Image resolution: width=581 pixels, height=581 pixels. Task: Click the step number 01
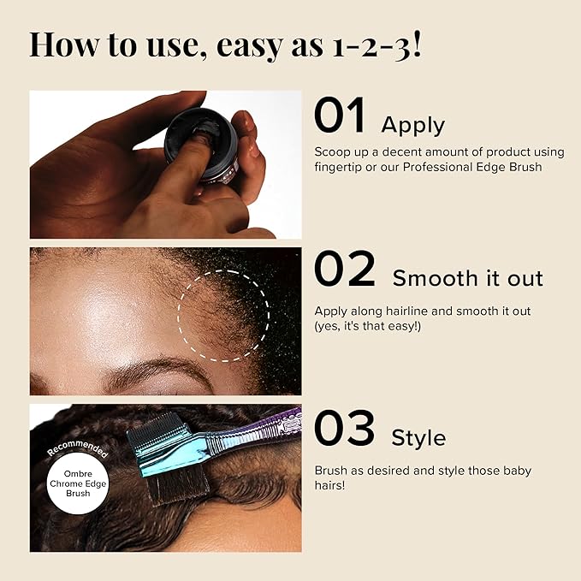coord(340,115)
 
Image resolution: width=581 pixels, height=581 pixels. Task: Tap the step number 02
coord(345,269)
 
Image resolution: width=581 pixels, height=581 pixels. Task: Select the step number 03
coord(345,428)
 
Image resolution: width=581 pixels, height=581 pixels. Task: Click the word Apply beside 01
coord(412,126)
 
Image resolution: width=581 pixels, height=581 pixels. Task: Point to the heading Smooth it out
coord(467,278)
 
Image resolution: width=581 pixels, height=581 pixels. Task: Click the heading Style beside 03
coord(418,438)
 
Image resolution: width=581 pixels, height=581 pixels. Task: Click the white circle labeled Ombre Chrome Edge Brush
coord(78,483)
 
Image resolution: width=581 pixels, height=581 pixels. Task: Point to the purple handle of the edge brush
coord(259,429)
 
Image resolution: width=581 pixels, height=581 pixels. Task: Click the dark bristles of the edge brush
coord(178,485)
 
